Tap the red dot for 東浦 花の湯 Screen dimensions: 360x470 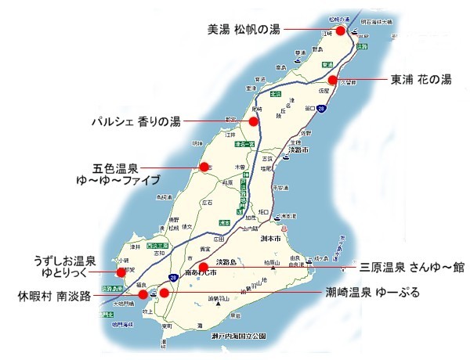tap(332, 80)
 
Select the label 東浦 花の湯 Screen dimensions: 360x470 tap(421, 80)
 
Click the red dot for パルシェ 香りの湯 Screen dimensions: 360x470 tap(253, 121)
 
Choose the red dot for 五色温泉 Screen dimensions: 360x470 tap(203, 167)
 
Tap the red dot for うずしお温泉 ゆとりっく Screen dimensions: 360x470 tap(121, 272)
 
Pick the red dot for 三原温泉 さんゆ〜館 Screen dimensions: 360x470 tap(203, 267)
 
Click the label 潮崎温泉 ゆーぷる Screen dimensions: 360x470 tap(373, 294)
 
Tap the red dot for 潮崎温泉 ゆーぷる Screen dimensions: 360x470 tap(164, 293)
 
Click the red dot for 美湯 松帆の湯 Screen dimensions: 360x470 tap(340, 31)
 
